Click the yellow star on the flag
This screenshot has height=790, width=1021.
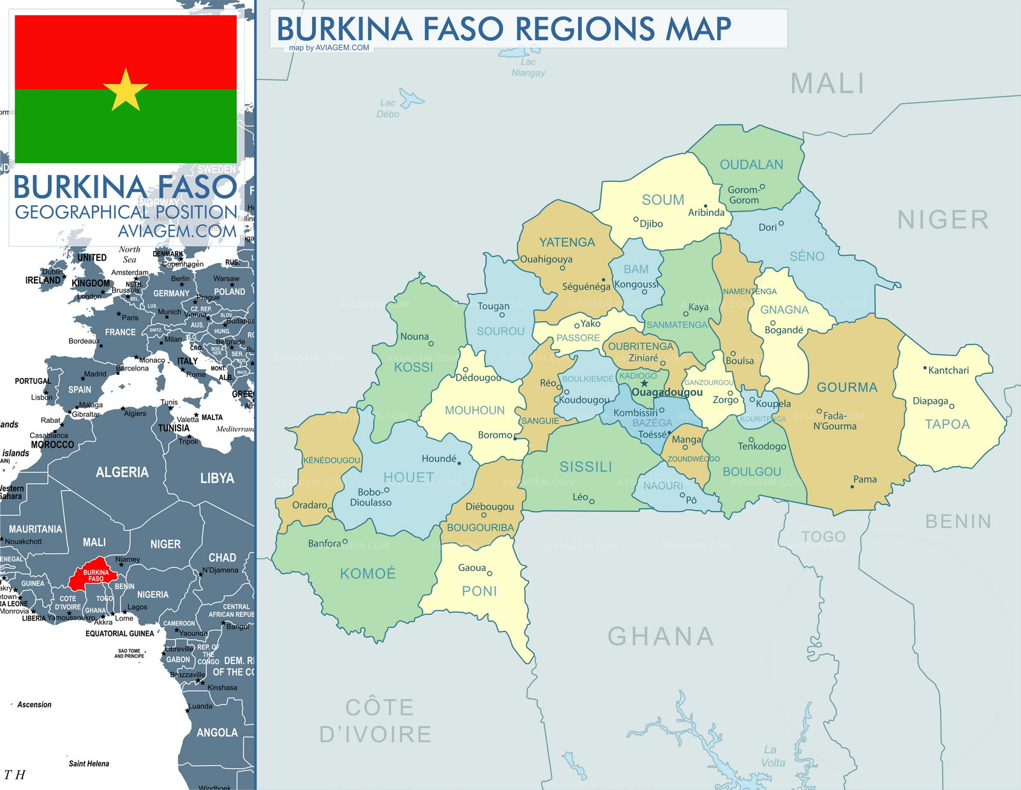click(126, 90)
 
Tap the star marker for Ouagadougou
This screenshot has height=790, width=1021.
click(645, 383)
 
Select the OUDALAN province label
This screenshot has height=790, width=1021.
click(751, 165)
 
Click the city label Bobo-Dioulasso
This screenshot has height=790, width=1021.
click(370, 498)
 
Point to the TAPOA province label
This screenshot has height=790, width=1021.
click(947, 424)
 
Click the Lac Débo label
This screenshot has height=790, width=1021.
click(387, 108)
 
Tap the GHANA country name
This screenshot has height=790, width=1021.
click(660, 636)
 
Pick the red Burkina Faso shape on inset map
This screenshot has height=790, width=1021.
click(93, 577)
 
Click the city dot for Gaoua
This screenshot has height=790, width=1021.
click(489, 573)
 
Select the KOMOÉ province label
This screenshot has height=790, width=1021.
click(368, 574)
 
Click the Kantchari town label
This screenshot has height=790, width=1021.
click(948, 370)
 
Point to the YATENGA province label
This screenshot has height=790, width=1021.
click(567, 242)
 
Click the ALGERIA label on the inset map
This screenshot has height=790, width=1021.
click(122, 472)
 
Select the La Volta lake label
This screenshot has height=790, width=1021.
click(773, 756)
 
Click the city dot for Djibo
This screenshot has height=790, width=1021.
click(636, 219)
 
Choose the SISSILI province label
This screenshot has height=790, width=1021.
click(585, 467)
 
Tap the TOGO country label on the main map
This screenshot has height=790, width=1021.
click(823, 536)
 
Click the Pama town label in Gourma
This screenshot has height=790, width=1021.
click(865, 480)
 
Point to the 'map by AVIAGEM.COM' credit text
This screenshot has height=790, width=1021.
click(329, 47)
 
